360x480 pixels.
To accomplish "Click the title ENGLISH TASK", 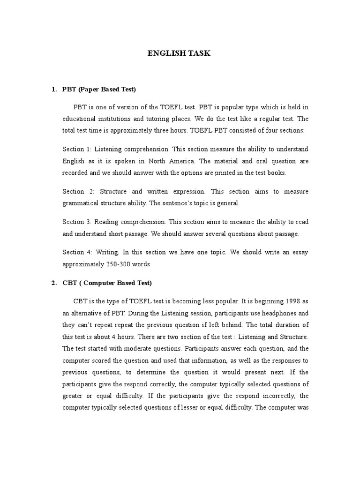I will click(x=180, y=53).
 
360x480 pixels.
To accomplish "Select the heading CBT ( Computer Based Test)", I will click(x=107, y=283).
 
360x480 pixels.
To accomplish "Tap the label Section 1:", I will click(x=77, y=149).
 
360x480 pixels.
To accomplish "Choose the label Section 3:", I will click(x=77, y=222).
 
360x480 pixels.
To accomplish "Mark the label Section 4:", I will click(x=77, y=252).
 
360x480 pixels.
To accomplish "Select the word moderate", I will click(x=133, y=349).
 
